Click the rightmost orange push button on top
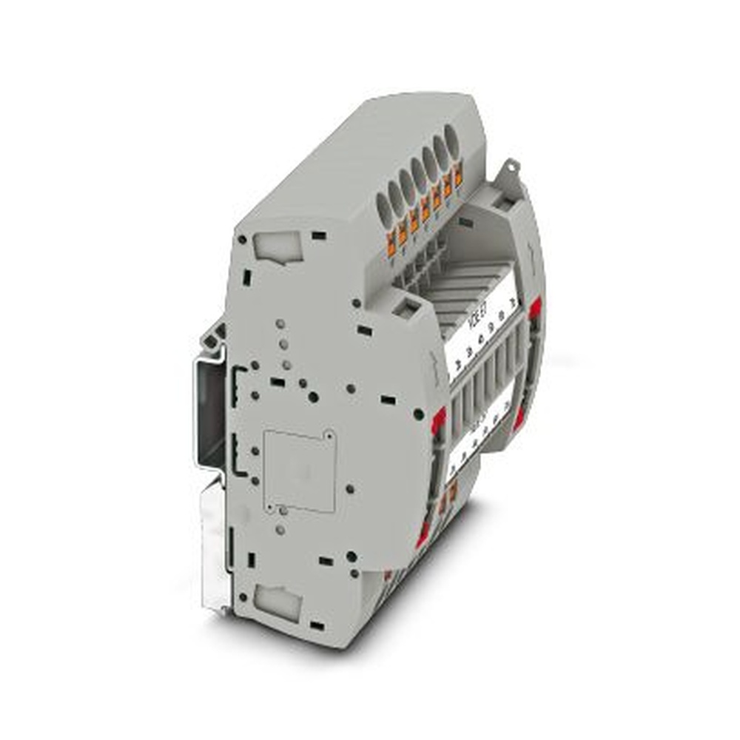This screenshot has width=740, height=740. coord(459,176)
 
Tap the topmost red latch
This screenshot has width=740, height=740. coord(534,308)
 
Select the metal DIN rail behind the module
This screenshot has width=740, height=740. coord(210,414)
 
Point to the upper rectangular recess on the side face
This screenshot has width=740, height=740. coord(278,246)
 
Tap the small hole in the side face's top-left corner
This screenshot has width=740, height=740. coord(241,240)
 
